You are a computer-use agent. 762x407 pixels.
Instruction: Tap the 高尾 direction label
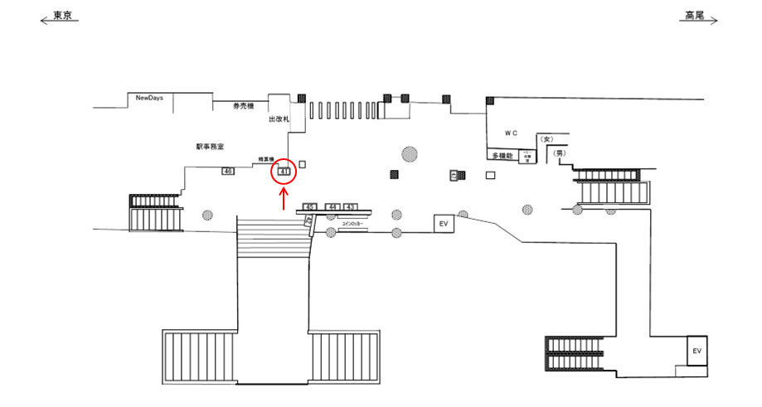[x=694, y=15]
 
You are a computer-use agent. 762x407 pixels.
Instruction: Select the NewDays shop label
[x=150, y=98]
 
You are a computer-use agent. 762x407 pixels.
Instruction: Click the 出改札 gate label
[x=279, y=119]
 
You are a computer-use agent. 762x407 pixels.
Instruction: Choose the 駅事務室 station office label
[x=211, y=145]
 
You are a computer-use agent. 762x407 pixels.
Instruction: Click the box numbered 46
[x=228, y=171]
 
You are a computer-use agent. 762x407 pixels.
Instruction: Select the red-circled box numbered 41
[x=284, y=172]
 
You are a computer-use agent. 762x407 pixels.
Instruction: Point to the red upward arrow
[x=284, y=198]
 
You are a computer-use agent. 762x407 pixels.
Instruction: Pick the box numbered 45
[x=309, y=206]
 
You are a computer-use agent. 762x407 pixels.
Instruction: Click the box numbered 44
[x=332, y=206]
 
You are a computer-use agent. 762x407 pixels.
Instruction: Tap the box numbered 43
[x=350, y=206]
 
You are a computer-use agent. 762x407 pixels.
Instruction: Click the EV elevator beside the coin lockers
[x=444, y=224]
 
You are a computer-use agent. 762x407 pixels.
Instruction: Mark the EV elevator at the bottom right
[x=697, y=351]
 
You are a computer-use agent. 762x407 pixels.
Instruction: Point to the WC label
[x=511, y=133]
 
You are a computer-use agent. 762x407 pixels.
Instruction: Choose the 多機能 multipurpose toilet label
[x=502, y=156]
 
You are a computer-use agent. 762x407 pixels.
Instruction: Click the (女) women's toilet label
[x=546, y=139]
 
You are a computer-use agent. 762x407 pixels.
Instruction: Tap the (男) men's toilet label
[x=559, y=153]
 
